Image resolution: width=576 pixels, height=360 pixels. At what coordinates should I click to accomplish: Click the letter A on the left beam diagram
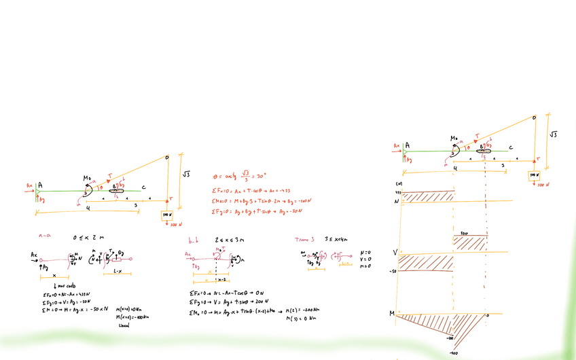(40, 184)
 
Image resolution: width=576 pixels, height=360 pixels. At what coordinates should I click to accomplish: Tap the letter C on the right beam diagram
(510, 147)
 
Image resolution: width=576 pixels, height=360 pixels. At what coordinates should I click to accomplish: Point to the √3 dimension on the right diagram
(553, 134)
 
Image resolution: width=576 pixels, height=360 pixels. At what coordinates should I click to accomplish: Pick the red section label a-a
(46, 236)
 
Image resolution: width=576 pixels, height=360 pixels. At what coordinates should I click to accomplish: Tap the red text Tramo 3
(304, 239)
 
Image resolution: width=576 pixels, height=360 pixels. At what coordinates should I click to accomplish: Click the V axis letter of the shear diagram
(395, 253)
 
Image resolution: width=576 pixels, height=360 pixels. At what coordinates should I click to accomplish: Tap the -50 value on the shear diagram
(392, 272)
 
